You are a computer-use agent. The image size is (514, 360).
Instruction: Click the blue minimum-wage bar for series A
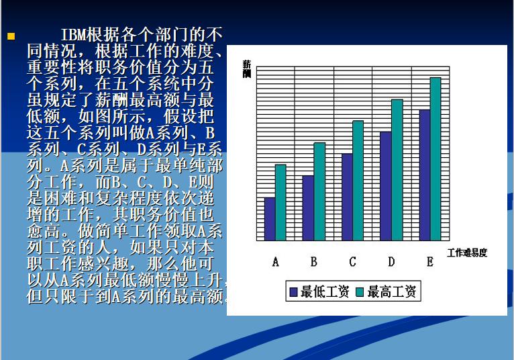click(x=270, y=218)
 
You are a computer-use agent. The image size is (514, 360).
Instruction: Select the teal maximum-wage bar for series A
click(x=280, y=202)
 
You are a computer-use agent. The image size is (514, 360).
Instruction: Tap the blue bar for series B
click(x=308, y=208)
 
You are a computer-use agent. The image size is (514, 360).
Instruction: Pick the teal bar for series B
click(x=319, y=191)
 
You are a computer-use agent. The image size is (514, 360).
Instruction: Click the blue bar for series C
click(x=347, y=197)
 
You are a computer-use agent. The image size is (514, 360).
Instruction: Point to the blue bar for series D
click(x=386, y=186)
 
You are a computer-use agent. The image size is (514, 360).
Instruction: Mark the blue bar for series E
click(x=425, y=175)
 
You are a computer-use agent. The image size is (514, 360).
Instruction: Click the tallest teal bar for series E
click(x=435, y=159)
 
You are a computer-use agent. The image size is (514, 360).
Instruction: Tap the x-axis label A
click(x=275, y=262)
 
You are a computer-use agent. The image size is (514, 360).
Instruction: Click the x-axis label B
click(x=314, y=262)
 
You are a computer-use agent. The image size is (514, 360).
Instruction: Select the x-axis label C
click(x=352, y=262)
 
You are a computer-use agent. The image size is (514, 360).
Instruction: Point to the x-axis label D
click(x=391, y=262)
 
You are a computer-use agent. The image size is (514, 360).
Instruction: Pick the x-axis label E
click(x=430, y=262)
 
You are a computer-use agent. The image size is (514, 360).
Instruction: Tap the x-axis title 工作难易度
click(x=467, y=253)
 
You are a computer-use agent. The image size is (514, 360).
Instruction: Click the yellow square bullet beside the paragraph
click(x=11, y=36)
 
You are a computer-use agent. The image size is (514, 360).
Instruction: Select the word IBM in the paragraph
click(x=73, y=35)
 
